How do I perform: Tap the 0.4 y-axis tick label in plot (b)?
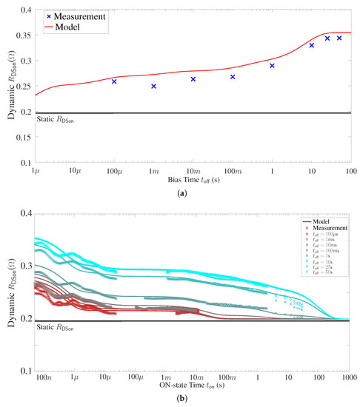(24, 214)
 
